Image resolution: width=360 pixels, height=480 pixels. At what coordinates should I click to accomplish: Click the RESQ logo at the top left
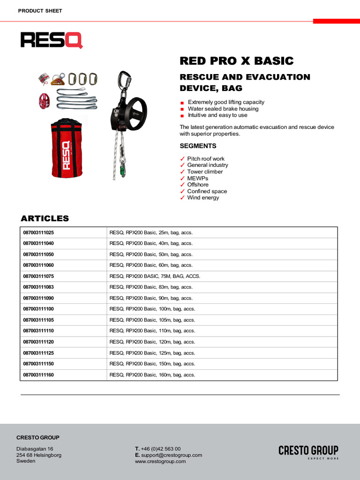[52, 40]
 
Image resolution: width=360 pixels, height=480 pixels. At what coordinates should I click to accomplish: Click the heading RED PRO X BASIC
[237, 61]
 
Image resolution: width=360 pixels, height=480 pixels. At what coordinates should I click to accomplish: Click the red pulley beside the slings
[44, 101]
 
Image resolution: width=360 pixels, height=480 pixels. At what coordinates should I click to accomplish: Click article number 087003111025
[39, 232]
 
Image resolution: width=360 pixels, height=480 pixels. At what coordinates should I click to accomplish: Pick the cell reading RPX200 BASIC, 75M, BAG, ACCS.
[155, 276]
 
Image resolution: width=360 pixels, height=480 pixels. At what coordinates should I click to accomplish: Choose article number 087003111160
[39, 375]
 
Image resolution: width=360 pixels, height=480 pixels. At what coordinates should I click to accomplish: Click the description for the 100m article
[152, 309]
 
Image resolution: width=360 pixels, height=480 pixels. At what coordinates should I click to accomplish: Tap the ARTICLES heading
[45, 218]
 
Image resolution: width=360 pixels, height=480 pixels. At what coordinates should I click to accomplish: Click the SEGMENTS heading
[198, 146]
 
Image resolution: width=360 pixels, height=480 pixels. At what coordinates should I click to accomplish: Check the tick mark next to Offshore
[183, 185]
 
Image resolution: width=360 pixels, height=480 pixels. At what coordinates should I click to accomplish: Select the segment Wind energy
[203, 198]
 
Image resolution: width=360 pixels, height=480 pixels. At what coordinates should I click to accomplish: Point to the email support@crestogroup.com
[172, 455]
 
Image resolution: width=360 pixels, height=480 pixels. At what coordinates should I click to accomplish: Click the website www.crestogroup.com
[160, 461]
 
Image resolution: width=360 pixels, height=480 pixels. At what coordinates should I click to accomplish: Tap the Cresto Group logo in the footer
[308, 451]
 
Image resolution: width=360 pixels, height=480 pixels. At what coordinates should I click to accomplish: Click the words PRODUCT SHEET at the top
[40, 11]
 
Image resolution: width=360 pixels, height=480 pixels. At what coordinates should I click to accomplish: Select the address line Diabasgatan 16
[35, 449]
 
